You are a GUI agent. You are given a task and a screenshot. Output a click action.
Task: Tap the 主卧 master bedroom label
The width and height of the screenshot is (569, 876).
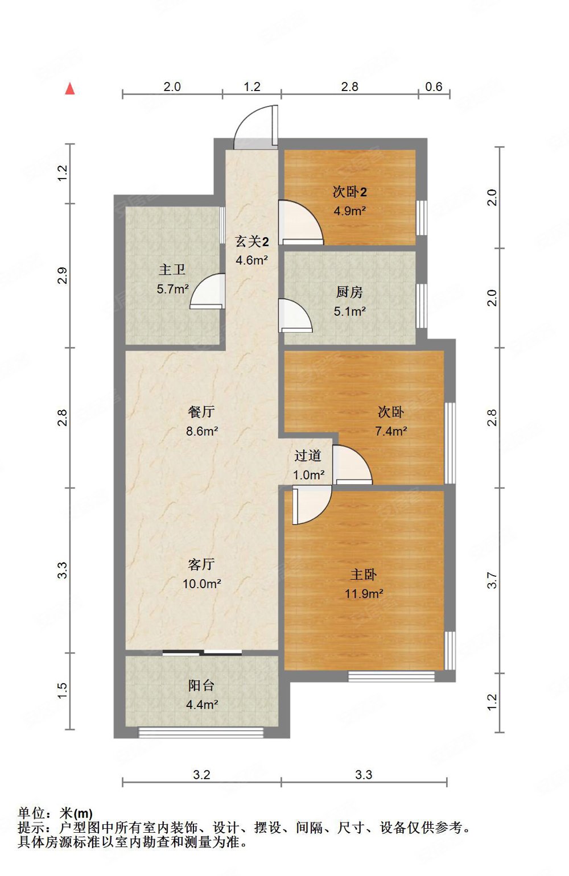pos(363,575)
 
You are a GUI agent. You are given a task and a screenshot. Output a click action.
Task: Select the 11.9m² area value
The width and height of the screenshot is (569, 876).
pos(364,594)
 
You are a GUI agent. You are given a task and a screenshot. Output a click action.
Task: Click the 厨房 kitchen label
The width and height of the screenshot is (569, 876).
pos(349,292)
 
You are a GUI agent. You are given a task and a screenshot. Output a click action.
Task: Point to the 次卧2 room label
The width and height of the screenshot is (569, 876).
pos(349,192)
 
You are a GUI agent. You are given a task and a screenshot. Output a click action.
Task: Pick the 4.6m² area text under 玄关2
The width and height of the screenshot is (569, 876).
pos(252,260)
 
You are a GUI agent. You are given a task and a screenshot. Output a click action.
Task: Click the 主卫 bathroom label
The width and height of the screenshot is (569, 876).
pos(172,270)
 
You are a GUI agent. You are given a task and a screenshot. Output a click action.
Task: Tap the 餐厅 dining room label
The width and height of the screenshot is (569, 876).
pos(201,412)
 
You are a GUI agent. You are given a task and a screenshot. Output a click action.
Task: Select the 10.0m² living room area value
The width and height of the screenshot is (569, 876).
pos(202,584)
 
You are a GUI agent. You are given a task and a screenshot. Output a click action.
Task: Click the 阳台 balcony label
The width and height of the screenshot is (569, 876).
pos(201,685)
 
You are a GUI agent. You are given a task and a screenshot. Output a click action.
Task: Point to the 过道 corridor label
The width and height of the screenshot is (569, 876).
pos(308,455)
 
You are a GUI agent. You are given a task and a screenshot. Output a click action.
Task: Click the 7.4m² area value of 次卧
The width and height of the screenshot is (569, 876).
pos(391,431)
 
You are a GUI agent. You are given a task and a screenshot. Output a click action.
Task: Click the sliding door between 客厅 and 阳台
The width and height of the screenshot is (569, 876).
pos(202,652)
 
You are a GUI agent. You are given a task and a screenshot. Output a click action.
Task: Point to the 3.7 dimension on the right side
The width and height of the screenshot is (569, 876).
pos(493,580)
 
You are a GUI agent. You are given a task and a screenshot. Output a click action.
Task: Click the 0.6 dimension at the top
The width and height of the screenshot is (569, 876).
pos(434,86)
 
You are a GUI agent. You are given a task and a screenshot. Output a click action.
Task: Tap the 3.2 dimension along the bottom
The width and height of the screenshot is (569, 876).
pos(201,775)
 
